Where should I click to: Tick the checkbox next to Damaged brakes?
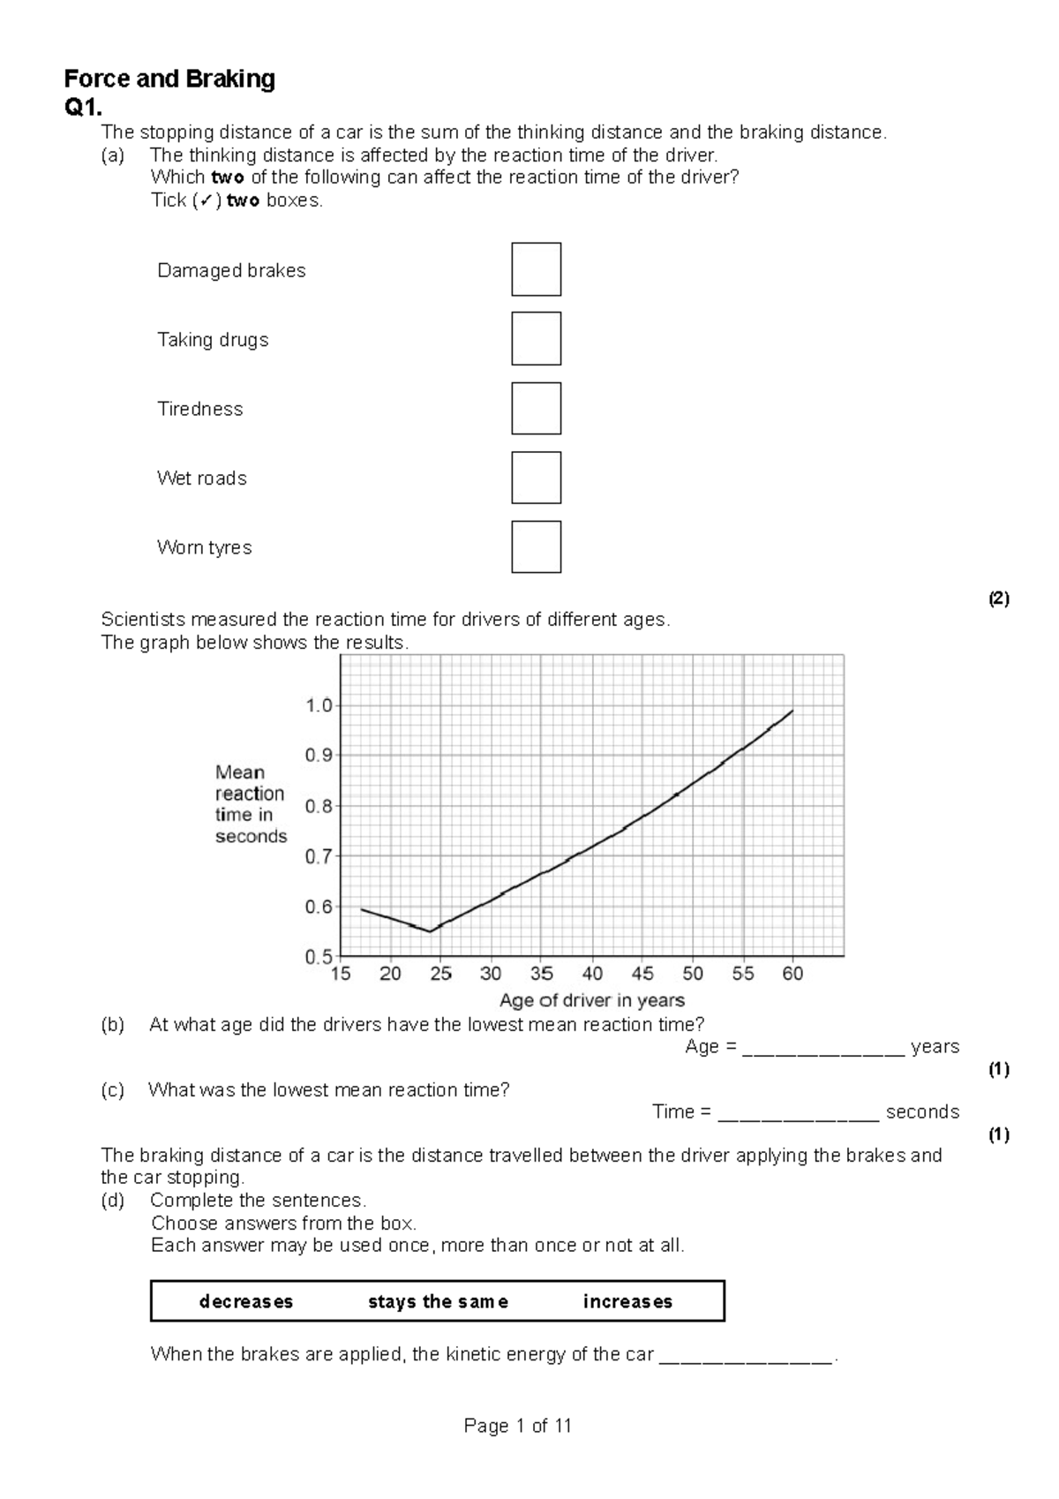tap(536, 269)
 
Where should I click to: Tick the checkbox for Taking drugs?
tap(536, 339)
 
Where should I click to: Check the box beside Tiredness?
tap(536, 408)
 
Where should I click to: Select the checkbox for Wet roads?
tap(536, 478)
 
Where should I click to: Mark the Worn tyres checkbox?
tap(536, 546)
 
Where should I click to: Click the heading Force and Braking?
tap(169, 79)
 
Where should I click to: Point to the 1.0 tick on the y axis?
tap(319, 705)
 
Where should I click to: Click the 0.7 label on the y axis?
tap(319, 856)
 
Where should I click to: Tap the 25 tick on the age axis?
tap(440, 974)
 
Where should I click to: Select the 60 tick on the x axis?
tap(792, 974)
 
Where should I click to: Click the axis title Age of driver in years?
tap(591, 1000)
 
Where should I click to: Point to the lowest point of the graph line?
tap(430, 931)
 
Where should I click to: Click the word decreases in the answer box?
tap(246, 1301)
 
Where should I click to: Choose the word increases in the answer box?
tap(627, 1301)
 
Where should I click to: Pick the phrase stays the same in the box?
tap(438, 1301)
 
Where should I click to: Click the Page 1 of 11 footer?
tap(518, 1426)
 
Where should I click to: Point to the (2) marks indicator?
tap(998, 599)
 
